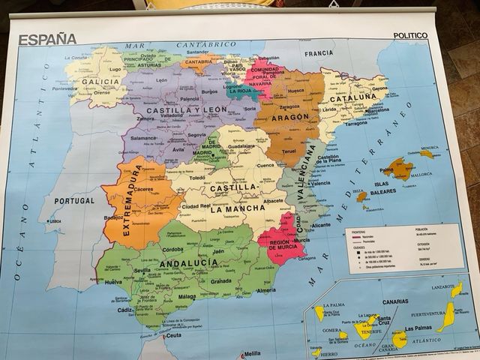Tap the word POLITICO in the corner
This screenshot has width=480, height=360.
coord(409,35)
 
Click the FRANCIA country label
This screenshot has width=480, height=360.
coord(318,54)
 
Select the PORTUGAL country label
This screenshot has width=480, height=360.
coord(74,201)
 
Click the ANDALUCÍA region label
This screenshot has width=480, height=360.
coord(178,263)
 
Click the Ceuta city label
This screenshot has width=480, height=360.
coord(174,335)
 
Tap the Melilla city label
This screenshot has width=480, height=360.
coord(253,352)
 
